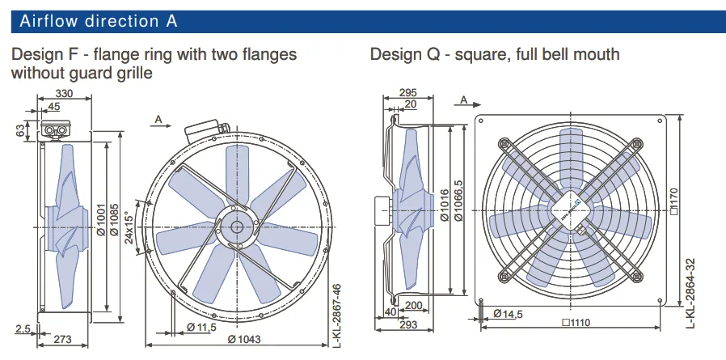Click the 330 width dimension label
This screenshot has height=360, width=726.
[x=64, y=93]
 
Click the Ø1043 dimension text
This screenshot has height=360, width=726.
[x=244, y=339]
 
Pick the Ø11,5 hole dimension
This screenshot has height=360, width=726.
[x=201, y=327]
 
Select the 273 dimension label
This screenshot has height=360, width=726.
[x=62, y=340]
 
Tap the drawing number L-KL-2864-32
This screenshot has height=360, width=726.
[x=690, y=294]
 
